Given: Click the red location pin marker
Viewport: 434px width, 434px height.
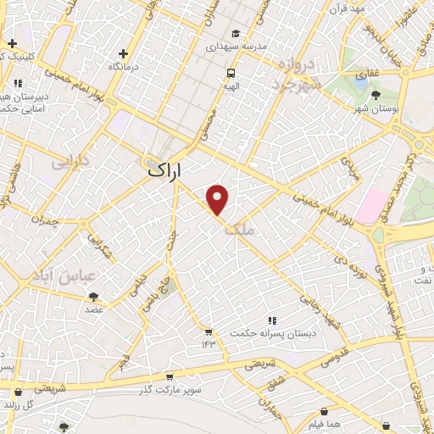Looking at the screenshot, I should click(218, 200).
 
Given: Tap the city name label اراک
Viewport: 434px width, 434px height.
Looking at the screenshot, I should click(164, 170).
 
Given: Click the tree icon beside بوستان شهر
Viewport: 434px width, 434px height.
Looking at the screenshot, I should click(376, 95).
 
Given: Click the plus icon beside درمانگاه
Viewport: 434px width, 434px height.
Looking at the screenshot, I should click(124, 53).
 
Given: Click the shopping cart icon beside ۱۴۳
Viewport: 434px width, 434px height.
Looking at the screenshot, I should click(208, 331).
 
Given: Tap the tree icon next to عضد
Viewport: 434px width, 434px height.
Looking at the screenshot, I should click(92, 297).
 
